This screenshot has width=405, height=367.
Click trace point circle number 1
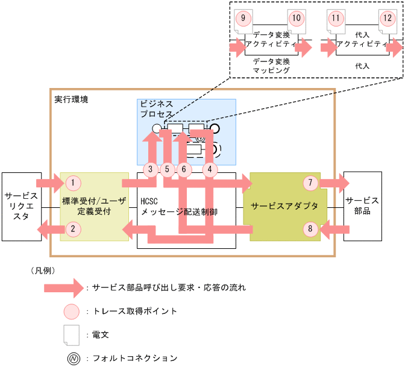[x=72, y=182]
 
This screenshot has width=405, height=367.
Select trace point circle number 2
[x=72, y=228]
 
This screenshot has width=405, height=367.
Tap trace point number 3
[x=151, y=169]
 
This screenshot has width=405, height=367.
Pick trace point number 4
[x=210, y=169]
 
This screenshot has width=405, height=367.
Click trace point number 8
[x=310, y=228]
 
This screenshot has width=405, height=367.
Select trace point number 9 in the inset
[x=242, y=18]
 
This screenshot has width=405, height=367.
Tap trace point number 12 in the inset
[x=386, y=18]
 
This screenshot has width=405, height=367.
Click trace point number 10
[x=295, y=18]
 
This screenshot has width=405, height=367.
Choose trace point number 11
[x=335, y=18]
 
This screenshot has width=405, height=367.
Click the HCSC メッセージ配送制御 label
[x=178, y=207]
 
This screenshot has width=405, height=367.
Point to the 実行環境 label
[x=71, y=99]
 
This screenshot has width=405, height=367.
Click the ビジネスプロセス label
[x=157, y=108]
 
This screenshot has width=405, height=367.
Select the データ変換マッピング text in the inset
[x=271, y=66]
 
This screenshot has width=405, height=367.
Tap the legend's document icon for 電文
[x=72, y=333]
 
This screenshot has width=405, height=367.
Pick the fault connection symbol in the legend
[x=72, y=358]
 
